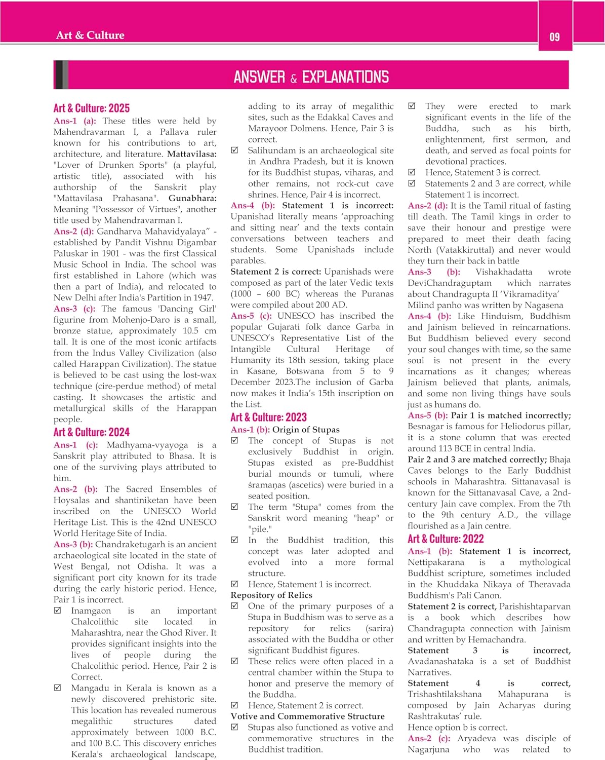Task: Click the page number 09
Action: click(554, 36)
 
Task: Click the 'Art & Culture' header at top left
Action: click(90, 35)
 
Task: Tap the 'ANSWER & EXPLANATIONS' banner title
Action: click(311, 77)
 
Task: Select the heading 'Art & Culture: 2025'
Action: click(91, 108)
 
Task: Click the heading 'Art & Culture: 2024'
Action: click(91, 432)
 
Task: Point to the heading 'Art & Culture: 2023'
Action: click(268, 417)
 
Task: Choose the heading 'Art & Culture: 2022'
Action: click(446, 539)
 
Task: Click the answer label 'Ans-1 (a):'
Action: click(75, 121)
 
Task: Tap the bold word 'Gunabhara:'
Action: click(192, 198)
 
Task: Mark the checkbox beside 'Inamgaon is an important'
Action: click(58, 611)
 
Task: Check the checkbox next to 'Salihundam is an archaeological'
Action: click(235, 150)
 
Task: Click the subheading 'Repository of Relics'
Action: click(271, 595)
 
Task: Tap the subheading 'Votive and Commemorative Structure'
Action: click(307, 716)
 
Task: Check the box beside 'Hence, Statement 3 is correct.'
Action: click(412, 172)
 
